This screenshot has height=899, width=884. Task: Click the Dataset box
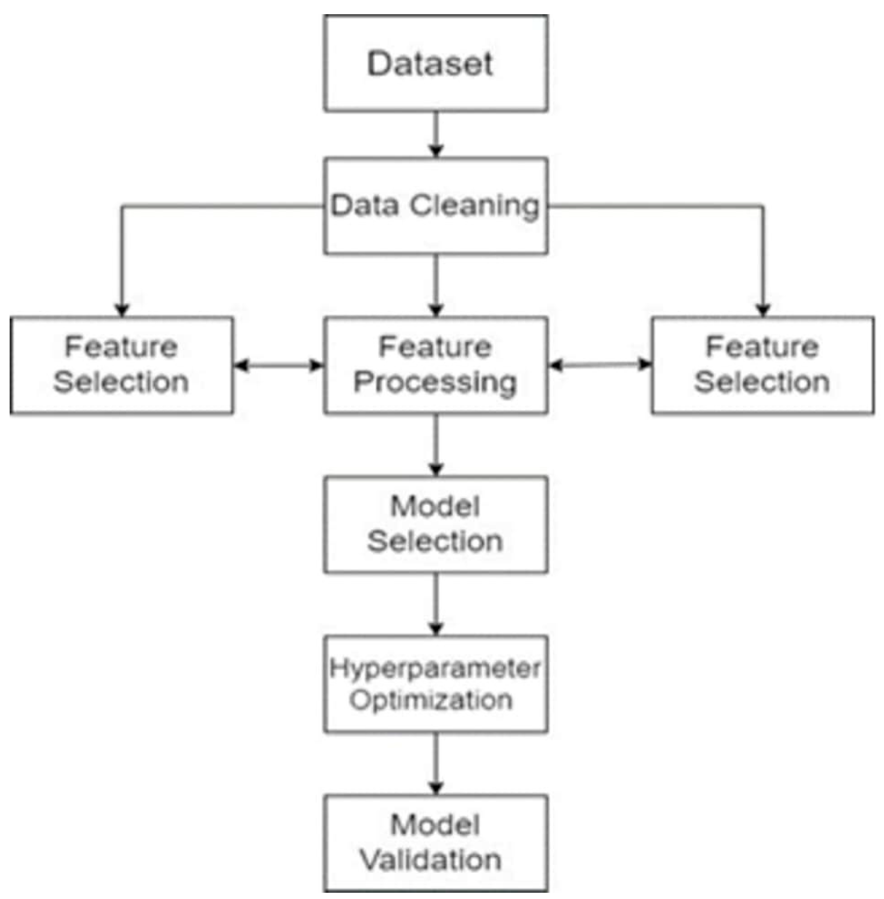click(435, 63)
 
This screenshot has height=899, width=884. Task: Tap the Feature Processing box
click(435, 365)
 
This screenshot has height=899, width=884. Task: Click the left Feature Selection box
click(121, 365)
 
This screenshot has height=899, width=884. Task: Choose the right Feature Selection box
click(762, 365)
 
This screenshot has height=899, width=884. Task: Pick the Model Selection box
click(435, 524)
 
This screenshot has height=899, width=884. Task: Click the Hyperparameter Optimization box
click(435, 684)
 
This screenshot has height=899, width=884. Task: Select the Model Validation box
click(435, 843)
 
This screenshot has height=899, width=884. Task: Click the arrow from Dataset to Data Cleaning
click(435, 135)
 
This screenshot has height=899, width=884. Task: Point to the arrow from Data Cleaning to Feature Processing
click(435, 285)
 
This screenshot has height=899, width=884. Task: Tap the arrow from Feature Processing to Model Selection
click(435, 445)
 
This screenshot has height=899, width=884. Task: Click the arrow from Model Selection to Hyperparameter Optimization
click(435, 604)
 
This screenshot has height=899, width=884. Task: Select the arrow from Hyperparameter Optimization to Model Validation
click(435, 764)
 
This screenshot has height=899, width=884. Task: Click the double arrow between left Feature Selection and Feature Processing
click(278, 366)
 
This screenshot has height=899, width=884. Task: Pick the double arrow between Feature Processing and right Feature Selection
click(600, 365)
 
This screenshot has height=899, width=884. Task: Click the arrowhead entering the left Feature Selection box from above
click(122, 310)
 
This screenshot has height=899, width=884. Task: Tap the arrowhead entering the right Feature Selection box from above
click(763, 310)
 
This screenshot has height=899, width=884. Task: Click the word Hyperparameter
click(435, 669)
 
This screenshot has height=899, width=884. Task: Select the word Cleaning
click(474, 206)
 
